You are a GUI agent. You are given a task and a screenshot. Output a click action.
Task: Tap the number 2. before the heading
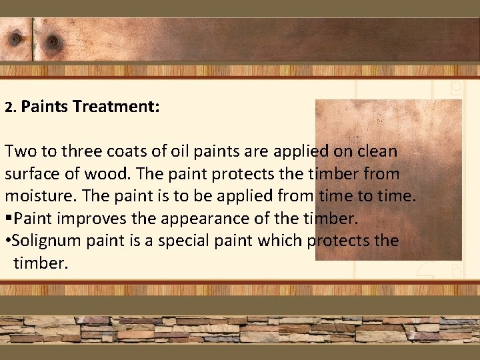tap(10, 107)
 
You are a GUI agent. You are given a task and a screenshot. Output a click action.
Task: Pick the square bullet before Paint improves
tap(9, 219)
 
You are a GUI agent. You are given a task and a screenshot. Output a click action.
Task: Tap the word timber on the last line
tap(40, 263)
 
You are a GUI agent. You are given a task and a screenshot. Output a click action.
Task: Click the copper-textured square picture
tap(388, 180)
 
